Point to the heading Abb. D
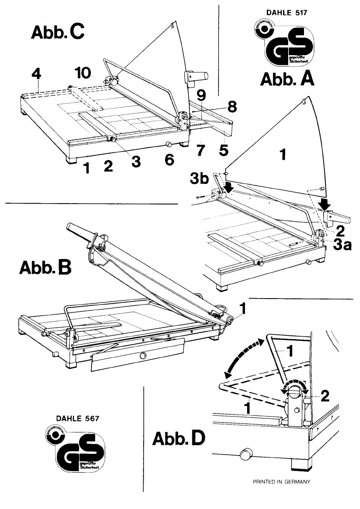(179, 439)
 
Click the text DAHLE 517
(286, 13)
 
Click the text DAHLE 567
(78, 418)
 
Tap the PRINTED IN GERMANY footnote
(281, 482)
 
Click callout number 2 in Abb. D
(325, 396)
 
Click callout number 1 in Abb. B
(242, 308)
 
